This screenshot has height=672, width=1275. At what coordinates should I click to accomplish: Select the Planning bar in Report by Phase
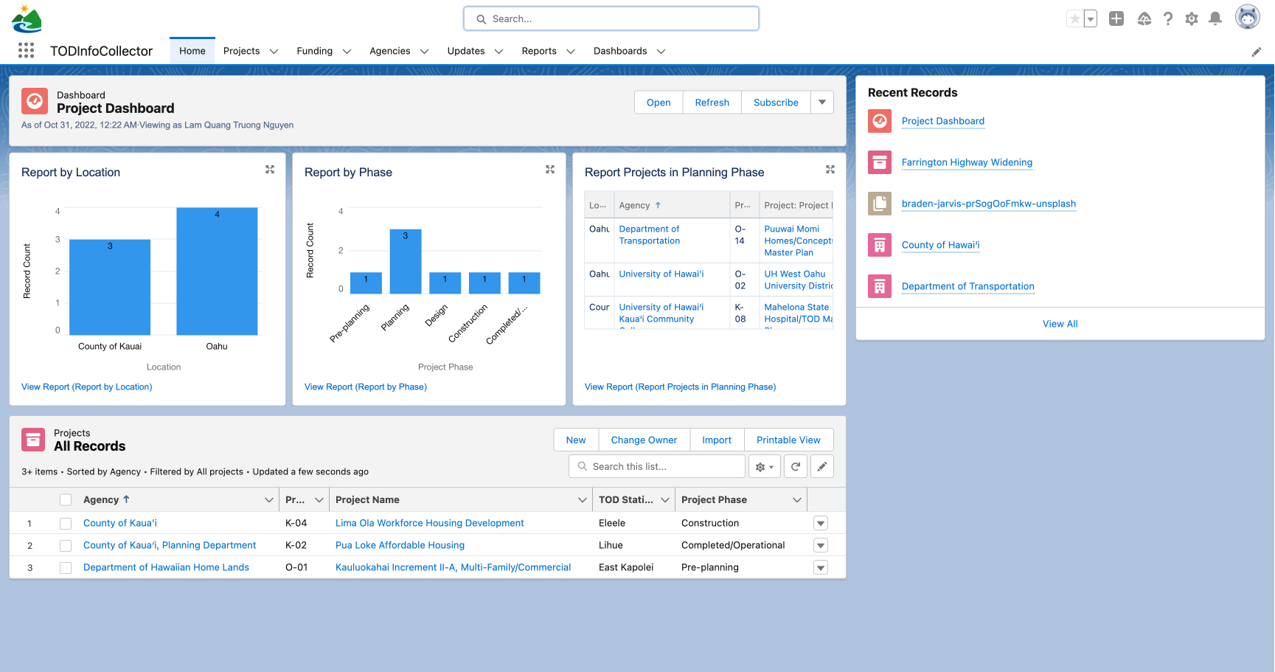click(405, 262)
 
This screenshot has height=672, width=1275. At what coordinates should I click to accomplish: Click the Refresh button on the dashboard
click(712, 103)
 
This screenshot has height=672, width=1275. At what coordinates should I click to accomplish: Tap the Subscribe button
click(775, 103)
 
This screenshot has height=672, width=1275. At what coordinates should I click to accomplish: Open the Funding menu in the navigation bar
click(323, 51)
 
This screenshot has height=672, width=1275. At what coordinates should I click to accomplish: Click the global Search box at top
click(611, 19)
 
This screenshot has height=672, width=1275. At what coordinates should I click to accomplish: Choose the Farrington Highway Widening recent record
click(966, 162)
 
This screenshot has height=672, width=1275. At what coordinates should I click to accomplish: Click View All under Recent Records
click(1060, 324)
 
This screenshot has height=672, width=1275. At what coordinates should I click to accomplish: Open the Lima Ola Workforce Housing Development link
click(429, 523)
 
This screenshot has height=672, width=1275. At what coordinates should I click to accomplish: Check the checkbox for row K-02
click(66, 546)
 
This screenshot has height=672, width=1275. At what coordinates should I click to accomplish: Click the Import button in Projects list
click(716, 440)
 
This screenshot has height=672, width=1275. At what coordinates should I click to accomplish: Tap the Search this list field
click(658, 466)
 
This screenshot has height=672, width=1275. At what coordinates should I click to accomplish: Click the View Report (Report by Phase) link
click(366, 387)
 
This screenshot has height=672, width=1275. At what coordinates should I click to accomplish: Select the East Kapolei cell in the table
click(625, 567)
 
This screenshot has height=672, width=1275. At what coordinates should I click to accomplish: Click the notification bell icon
click(1215, 19)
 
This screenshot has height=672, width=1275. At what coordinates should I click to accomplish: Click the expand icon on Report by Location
click(270, 170)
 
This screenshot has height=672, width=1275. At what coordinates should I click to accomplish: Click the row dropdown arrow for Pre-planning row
click(820, 567)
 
